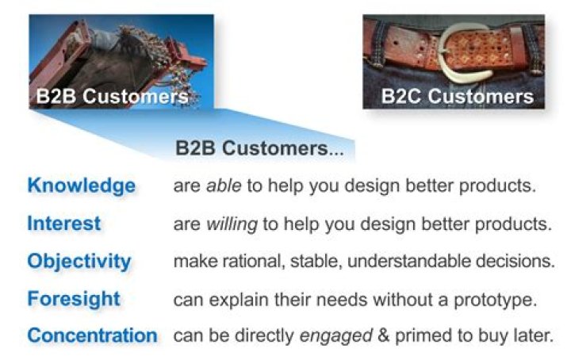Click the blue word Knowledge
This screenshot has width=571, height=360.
pyautogui.click(x=81, y=186)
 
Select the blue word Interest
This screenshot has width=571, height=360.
pyautogui.click(x=63, y=224)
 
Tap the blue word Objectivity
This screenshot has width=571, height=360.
pyautogui.click(x=79, y=261)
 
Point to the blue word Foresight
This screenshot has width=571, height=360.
pyautogui.click(x=74, y=299)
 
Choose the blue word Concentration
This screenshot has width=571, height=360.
pyautogui.click(x=92, y=335)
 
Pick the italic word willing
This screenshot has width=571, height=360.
pyautogui.click(x=232, y=224)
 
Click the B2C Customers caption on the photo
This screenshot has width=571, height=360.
pyautogui.click(x=458, y=97)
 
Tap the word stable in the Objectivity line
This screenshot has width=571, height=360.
pyautogui.click(x=308, y=262)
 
